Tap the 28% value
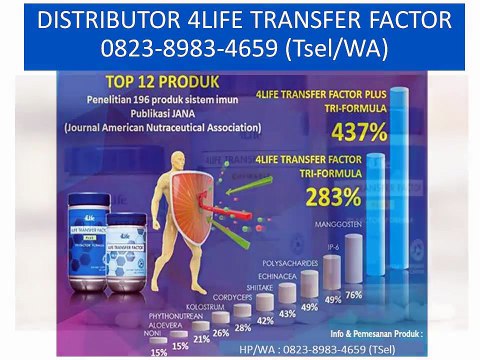click(243, 327)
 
